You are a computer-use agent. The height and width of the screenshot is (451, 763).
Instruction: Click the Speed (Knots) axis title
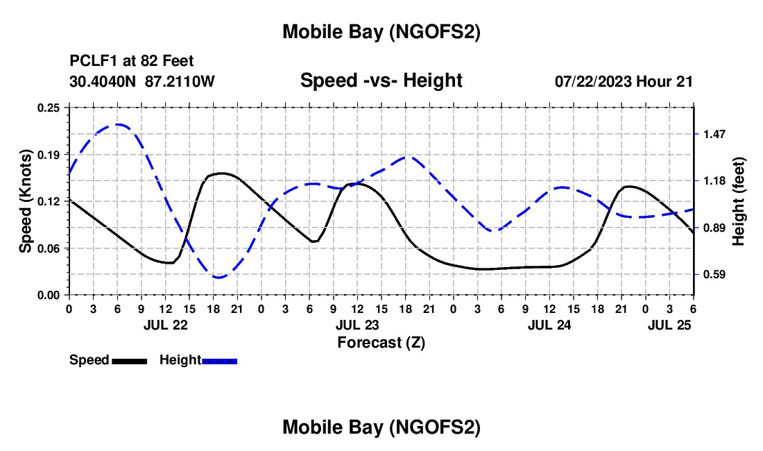(26, 201)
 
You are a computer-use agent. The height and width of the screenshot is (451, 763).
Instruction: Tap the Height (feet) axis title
(738, 201)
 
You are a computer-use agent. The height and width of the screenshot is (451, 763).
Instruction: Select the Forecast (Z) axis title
(381, 342)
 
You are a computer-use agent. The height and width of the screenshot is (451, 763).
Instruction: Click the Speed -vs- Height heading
(381, 80)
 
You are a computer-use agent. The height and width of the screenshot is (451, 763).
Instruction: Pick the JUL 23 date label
(357, 324)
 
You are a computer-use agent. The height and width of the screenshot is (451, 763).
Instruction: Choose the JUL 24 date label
(549, 324)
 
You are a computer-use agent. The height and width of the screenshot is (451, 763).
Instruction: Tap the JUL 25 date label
(669, 324)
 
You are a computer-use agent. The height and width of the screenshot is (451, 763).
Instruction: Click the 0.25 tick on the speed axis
(49, 107)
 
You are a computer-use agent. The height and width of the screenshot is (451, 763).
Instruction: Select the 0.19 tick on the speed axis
(49, 154)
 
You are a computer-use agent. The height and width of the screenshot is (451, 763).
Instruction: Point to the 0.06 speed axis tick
(49, 248)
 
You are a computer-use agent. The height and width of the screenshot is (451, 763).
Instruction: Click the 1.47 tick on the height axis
(714, 134)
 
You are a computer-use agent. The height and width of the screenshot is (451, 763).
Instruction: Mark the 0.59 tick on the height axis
(714, 275)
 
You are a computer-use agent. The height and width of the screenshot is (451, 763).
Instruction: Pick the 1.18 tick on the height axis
(714, 181)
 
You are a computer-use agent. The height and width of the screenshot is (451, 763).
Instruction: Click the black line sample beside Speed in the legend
(128, 360)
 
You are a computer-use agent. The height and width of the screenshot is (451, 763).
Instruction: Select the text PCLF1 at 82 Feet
(132, 61)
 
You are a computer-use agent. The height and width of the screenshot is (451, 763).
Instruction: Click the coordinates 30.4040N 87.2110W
(142, 81)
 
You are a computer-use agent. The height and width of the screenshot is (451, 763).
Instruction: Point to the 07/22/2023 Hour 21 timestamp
(624, 81)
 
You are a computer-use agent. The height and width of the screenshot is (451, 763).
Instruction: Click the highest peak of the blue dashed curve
(119, 125)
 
